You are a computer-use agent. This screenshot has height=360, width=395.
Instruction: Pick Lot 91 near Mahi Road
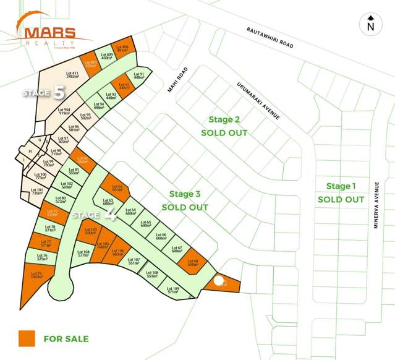click(138, 76)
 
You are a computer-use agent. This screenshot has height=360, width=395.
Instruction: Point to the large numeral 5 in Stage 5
click(59, 93)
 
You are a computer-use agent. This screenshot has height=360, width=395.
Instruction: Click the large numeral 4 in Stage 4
click(111, 215)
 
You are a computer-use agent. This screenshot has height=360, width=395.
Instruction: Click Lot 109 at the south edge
click(173, 290)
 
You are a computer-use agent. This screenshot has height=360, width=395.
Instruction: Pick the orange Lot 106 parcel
click(117, 252)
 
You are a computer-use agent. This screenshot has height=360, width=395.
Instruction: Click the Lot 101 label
click(37, 192)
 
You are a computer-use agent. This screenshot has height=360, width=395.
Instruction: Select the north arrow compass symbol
click(370, 24)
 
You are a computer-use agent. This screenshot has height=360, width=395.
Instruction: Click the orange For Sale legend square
click(26, 338)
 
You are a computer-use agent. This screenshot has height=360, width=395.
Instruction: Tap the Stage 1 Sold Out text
click(341, 192)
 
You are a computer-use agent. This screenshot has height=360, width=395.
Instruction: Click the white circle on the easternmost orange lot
click(219, 281)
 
